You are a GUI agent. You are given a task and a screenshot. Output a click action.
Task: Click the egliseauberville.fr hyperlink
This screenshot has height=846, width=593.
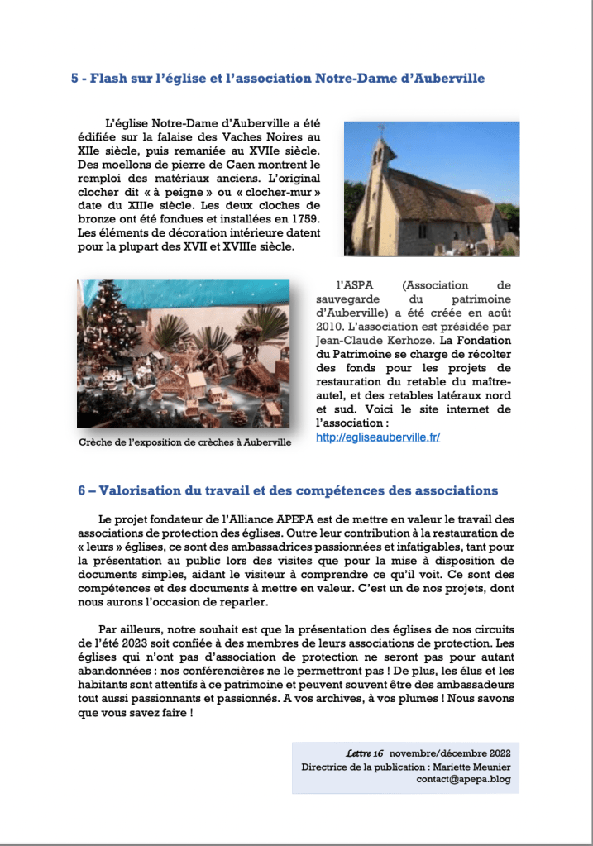(378, 437)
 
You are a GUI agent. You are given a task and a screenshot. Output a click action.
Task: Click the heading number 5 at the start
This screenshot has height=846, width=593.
(74, 79)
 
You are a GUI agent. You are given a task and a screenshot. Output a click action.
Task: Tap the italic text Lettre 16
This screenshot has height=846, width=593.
(365, 753)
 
